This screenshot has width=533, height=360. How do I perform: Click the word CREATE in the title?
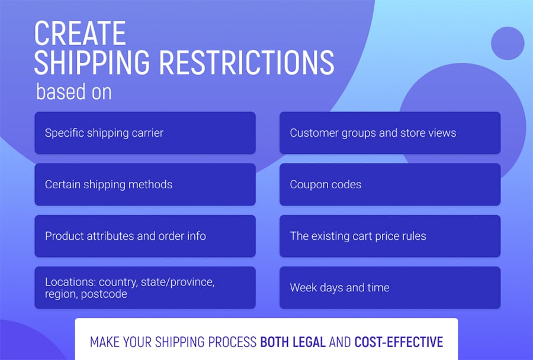coord(80,33)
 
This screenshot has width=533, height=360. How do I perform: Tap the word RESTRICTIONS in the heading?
coord(247,62)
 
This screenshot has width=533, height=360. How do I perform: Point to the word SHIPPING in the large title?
coord(92,62)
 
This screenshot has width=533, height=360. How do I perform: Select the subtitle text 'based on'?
coord(74,91)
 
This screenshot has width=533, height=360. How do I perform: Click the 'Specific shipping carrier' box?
coord(145,133)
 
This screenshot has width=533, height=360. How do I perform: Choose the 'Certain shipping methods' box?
coord(145,185)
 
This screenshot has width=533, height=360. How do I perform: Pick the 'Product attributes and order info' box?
coord(145,236)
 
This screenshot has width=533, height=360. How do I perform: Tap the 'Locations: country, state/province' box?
coord(145,288)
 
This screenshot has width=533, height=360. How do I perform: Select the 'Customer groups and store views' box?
coord(390,133)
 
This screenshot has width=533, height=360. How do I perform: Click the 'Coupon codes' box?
coord(390,185)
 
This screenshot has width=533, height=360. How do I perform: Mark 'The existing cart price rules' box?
coord(390,236)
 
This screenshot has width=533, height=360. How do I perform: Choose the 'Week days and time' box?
coord(390,288)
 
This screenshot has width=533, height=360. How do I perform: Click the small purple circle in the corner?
coord(508,43)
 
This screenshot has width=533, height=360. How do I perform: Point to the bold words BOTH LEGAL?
coord(293,342)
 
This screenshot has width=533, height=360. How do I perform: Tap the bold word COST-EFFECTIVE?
coord(399,342)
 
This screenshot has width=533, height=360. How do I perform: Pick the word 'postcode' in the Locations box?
coord(104,294)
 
